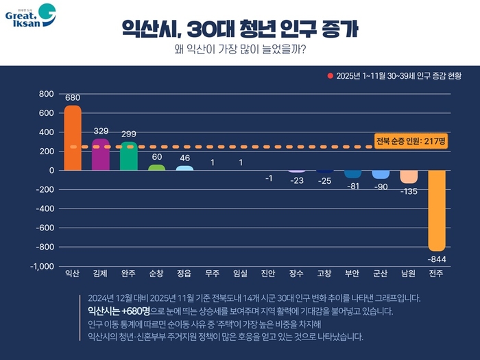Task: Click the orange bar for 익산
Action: (x=73, y=138)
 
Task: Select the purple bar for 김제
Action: (x=101, y=154)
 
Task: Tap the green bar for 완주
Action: (x=128, y=156)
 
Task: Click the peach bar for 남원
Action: (x=409, y=176)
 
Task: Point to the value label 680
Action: (x=73, y=97)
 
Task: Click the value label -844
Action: (x=437, y=259)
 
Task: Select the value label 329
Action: (x=101, y=130)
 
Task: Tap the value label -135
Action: (x=409, y=191)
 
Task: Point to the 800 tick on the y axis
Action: (x=46, y=94)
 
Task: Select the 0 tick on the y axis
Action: (x=50, y=170)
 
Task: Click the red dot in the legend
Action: (x=330, y=75)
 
